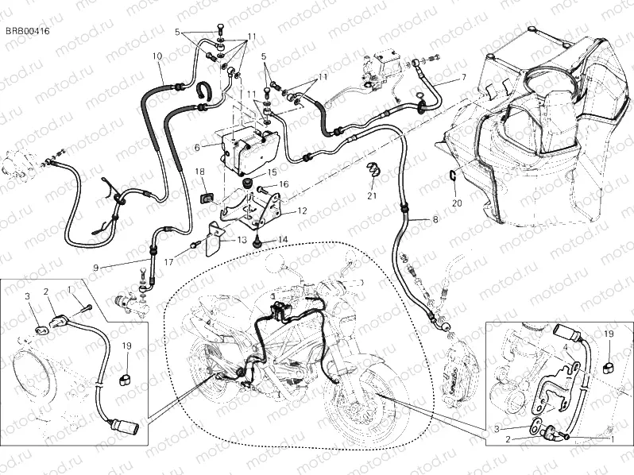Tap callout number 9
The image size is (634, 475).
[95, 267]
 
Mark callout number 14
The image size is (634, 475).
[282, 238]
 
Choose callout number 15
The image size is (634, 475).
[272, 172]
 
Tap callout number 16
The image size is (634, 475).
[284, 184]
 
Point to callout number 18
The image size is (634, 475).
[200, 171]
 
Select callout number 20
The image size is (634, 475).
[456, 203]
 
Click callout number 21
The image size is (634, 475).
[370, 195]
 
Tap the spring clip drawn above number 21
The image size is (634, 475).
[370, 168]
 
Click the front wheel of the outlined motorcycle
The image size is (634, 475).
[361, 405]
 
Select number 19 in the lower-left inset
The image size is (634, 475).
[126, 345]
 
